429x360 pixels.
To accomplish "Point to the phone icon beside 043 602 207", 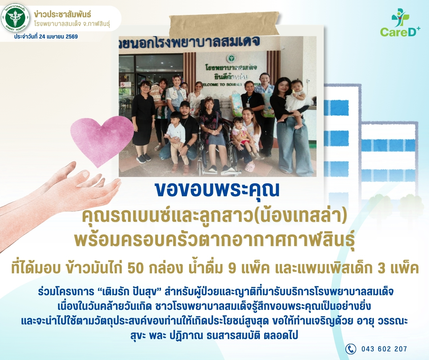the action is tap(350, 349).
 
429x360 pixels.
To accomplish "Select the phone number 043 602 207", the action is tap(384, 349).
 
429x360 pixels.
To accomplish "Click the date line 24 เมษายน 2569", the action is tap(46, 37).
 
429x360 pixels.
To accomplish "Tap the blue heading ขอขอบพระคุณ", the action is tap(217, 190).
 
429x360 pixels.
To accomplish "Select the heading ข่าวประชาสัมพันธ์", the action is tap(62, 14).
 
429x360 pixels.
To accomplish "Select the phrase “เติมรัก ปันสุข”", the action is tap(130, 292).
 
